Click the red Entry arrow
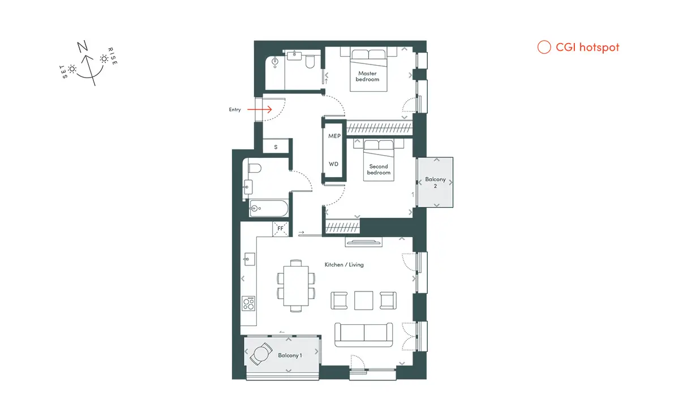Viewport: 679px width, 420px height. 260,109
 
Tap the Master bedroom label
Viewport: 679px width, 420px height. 367,76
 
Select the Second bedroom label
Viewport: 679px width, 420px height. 379,169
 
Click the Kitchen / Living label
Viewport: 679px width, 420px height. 344,265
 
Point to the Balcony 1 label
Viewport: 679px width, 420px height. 290,355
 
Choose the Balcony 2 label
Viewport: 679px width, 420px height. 435,183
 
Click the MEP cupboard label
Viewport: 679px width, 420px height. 334,136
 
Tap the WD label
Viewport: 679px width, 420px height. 333,164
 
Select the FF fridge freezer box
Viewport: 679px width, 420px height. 281,229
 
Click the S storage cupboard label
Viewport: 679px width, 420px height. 276,147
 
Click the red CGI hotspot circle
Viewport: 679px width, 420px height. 544,47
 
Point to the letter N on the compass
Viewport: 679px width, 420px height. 82,46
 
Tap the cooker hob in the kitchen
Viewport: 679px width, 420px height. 248,303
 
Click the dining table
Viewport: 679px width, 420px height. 296,286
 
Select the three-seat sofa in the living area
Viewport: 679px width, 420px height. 363,335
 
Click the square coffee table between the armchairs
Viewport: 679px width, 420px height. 363,301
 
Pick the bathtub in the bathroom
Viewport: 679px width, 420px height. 269,208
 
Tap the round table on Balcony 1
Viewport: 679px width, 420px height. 260,354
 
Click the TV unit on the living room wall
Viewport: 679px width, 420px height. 363,242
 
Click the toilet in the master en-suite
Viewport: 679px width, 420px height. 310,62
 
